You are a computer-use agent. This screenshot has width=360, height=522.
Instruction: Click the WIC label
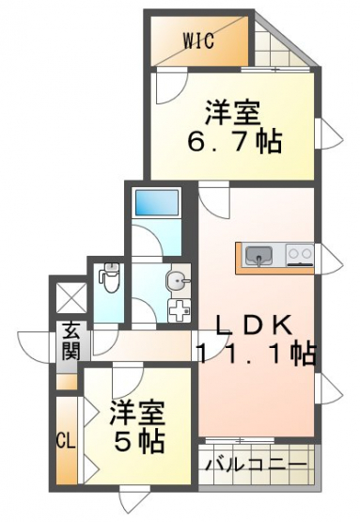click(198, 41)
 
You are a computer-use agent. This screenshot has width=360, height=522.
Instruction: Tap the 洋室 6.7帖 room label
click(235, 127)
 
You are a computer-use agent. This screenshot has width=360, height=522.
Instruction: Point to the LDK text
click(255, 327)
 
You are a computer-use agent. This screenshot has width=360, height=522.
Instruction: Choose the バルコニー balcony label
click(256, 464)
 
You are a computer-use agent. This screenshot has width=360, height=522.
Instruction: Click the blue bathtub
click(156, 203)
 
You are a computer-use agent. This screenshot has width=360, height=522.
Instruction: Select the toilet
click(110, 277)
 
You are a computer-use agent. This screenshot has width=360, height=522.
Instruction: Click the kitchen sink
click(259, 255)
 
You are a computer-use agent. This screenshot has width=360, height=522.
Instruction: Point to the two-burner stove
click(301, 255)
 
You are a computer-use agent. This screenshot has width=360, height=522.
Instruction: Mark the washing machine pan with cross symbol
click(179, 310)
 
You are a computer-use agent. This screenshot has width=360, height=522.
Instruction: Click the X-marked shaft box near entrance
click(71, 297)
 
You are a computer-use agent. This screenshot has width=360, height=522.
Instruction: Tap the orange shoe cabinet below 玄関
click(67, 382)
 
